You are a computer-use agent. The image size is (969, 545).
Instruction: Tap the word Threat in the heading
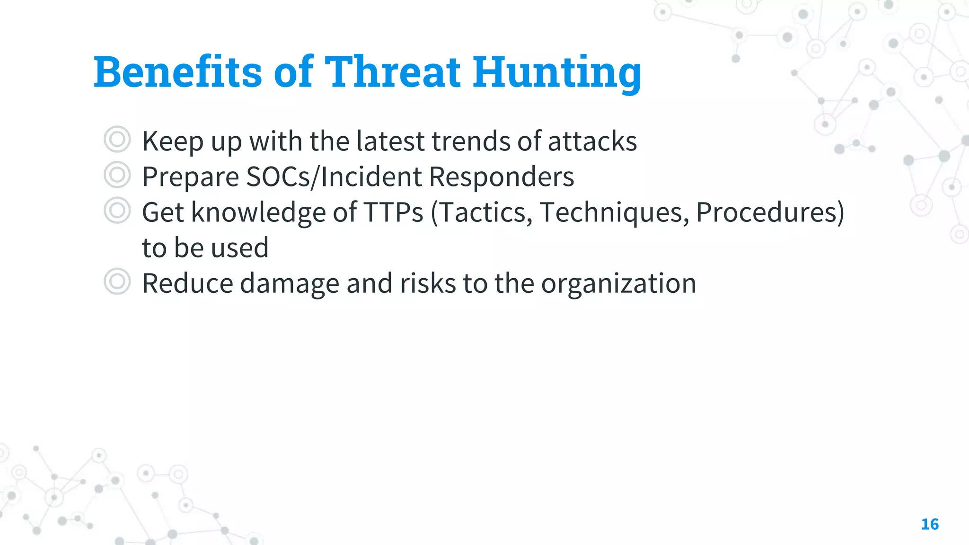(x=392, y=72)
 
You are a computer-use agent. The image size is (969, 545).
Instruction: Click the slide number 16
(x=930, y=524)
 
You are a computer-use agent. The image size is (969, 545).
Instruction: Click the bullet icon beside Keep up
(x=117, y=140)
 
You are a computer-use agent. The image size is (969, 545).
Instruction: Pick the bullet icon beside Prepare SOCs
(x=117, y=175)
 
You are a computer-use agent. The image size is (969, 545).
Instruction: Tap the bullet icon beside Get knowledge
(x=117, y=211)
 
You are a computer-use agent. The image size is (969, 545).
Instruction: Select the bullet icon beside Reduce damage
(x=117, y=282)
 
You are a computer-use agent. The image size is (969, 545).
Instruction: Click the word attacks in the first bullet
(x=592, y=141)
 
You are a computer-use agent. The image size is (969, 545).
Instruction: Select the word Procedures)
(x=770, y=212)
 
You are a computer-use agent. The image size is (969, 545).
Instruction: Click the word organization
(x=618, y=284)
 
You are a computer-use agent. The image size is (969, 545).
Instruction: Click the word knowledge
(x=258, y=212)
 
